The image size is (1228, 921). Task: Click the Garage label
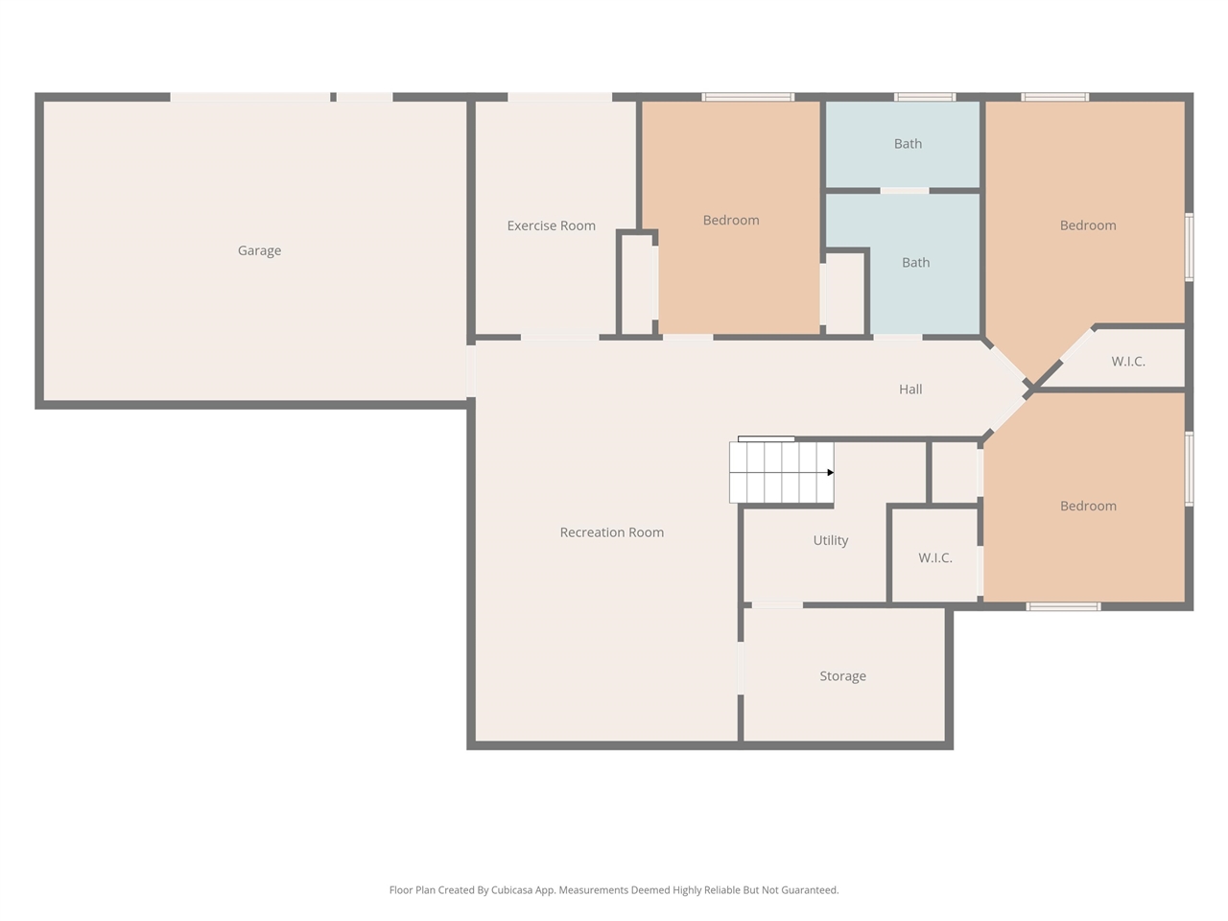click(x=259, y=250)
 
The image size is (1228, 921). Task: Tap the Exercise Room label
click(x=551, y=225)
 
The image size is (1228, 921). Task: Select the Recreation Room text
click(x=611, y=532)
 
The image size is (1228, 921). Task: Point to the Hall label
click(x=910, y=389)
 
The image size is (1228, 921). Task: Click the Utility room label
click(x=830, y=540)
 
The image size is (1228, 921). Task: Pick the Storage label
click(x=842, y=676)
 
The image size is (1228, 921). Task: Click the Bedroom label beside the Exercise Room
click(x=730, y=220)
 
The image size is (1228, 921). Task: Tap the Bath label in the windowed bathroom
click(x=908, y=144)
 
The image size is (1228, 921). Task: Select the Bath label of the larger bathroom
click(x=915, y=262)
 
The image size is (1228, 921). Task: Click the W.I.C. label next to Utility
click(x=934, y=557)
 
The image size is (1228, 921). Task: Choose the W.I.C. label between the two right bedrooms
click(x=1127, y=362)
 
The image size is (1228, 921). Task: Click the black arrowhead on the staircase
click(x=830, y=472)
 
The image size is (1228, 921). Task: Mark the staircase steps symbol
click(x=780, y=472)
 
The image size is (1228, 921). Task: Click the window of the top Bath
click(x=925, y=97)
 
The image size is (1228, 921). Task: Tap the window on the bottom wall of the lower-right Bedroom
click(x=1063, y=606)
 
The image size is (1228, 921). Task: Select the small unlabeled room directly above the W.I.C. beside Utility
click(x=955, y=472)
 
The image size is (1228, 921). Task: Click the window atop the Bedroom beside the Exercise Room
click(x=747, y=97)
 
